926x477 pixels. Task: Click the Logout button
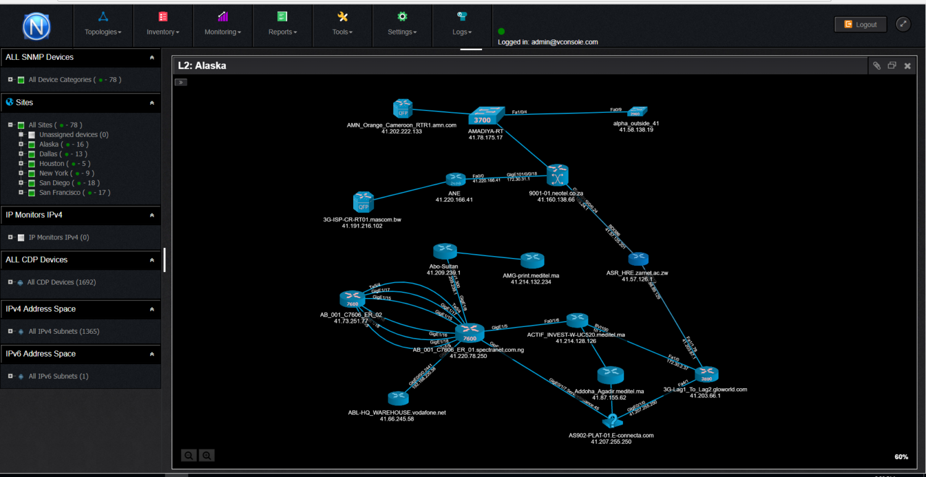click(x=861, y=25)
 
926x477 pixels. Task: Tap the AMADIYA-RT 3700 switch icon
click(x=486, y=115)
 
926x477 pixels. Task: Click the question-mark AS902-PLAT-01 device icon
click(x=611, y=421)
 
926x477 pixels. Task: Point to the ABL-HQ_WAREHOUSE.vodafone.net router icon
click(x=398, y=399)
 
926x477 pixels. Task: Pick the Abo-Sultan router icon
click(x=444, y=251)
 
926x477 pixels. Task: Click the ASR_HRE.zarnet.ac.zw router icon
click(x=638, y=259)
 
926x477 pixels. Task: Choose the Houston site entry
click(x=52, y=164)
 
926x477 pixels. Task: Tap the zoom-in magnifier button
click(x=207, y=455)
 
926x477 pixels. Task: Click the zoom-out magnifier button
click(x=189, y=455)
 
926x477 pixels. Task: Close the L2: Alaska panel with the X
click(x=907, y=66)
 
